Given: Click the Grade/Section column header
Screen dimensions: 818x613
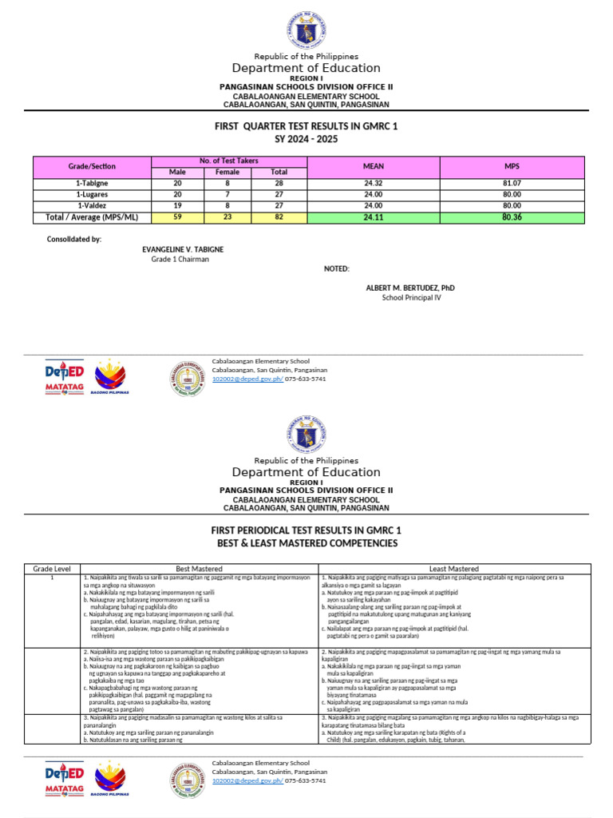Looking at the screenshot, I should [92, 166].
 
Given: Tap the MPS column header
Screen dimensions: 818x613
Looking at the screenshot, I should [511, 166].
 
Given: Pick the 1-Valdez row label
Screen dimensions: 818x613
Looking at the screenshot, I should [92, 205].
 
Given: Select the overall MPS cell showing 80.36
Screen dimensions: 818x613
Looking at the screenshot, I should [511, 216].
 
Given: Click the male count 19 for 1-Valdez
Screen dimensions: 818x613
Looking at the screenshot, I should [176, 205].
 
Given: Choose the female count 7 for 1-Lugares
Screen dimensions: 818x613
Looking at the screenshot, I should [227, 194].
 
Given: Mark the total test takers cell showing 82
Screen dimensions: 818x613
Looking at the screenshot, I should [279, 216].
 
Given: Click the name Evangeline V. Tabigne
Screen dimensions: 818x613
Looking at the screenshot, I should [183, 249].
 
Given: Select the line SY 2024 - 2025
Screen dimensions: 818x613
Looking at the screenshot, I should [306, 140].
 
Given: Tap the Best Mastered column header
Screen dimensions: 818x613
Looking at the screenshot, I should [199, 568].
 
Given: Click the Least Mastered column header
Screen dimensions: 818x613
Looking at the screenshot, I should [453, 568].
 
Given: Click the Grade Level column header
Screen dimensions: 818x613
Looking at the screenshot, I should [52, 568].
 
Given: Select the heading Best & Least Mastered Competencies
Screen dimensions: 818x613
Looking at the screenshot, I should [306, 543].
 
